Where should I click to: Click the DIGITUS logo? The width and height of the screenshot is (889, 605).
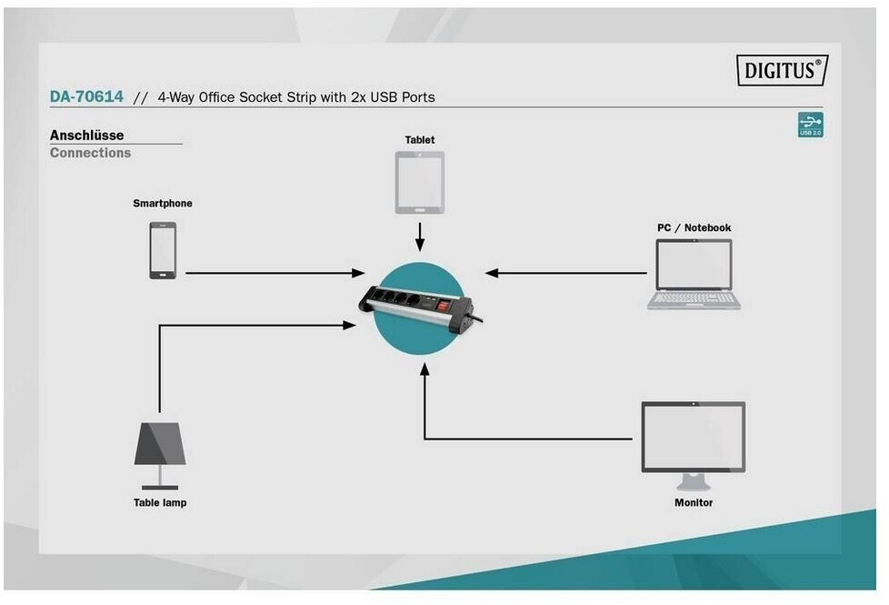pyautogui.click(x=782, y=70)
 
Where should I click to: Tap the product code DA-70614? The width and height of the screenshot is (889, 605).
pyautogui.click(x=86, y=96)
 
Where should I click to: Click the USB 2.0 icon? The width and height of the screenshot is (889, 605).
pyautogui.click(x=810, y=125)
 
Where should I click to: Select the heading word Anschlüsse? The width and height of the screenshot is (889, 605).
pyautogui.click(x=86, y=136)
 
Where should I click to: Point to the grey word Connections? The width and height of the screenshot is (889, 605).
pyautogui.click(x=90, y=153)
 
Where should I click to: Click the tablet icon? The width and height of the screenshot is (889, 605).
pyautogui.click(x=419, y=182)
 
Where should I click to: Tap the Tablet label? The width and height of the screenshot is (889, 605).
pyautogui.click(x=420, y=140)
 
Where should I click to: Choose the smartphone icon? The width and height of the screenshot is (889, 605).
pyautogui.click(x=163, y=250)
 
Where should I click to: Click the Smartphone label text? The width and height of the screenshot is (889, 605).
pyautogui.click(x=163, y=204)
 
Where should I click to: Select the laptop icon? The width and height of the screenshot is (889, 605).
pyautogui.click(x=694, y=274)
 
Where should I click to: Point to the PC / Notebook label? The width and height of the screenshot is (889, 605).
pyautogui.click(x=694, y=227)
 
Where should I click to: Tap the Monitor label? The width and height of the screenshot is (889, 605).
pyautogui.click(x=694, y=502)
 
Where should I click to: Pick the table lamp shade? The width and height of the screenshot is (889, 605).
pyautogui.click(x=160, y=444)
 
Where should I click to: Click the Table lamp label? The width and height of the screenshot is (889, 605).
pyautogui.click(x=160, y=502)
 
